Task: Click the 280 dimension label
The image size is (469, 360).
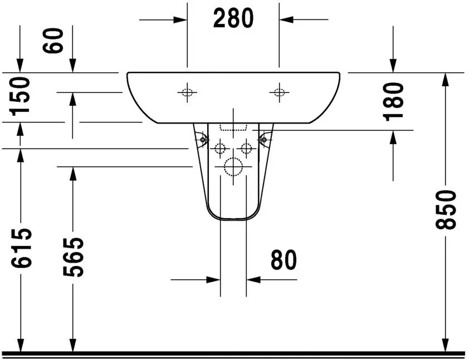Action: coord(233,19)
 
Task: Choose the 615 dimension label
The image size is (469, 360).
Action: coord(21,248)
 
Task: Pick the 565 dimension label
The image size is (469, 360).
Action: coord(72,257)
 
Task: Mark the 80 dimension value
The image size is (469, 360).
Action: coord(284,260)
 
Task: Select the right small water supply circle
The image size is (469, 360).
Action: coord(246,148)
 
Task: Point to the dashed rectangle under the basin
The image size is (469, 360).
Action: coord(233,127)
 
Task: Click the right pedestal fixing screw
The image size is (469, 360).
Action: coord(265,137)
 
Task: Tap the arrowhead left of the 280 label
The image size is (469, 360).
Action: coord(179,19)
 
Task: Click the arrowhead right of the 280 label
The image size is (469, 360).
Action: coord(287,19)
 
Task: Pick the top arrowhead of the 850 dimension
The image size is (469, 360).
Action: coord(445,79)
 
